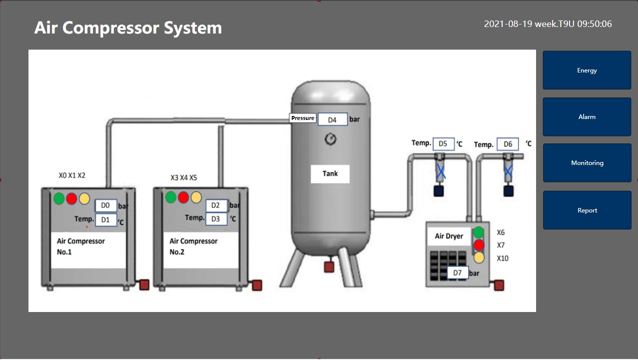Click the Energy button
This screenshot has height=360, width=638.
pos(587,70)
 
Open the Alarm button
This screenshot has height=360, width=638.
pos(587,117)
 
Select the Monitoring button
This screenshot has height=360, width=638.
pos(587,163)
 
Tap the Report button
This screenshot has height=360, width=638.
pos(587,210)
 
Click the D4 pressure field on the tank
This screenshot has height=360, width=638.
pos(332,119)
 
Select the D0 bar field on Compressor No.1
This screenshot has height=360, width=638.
pos(106,205)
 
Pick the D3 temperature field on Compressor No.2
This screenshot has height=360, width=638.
pos(216,219)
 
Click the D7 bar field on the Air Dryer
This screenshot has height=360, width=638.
pos(458,273)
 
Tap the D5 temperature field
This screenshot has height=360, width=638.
pos(443,144)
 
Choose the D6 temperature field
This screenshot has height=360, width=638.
pos(508,144)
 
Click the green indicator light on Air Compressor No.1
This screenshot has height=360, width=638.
pos(59,198)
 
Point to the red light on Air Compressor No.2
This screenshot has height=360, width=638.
pos(183,197)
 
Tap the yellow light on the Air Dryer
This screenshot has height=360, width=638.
pos(479,257)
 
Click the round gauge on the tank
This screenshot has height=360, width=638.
pos(330,139)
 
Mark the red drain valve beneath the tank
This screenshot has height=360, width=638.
pos(329,267)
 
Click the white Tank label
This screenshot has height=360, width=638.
pos(330,174)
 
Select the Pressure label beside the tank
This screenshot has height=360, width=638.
pos(303,118)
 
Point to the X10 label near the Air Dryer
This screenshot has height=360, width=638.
pos(503,258)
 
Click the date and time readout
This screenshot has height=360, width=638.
pos(548,24)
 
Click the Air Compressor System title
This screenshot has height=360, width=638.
pos(128,27)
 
